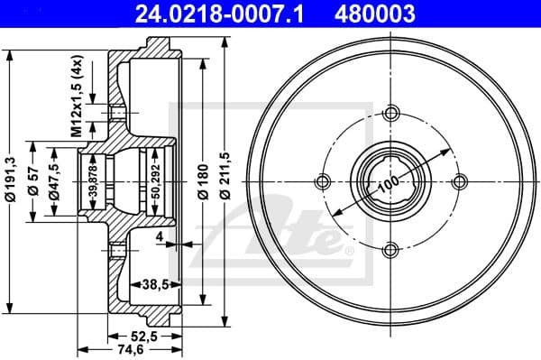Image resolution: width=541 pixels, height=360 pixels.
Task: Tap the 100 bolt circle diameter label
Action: [389, 183]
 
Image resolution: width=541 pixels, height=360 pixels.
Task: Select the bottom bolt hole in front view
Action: [391, 250]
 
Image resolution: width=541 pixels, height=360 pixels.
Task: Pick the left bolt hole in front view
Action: [323, 181]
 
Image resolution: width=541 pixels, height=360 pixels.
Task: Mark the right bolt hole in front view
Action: [460, 181]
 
